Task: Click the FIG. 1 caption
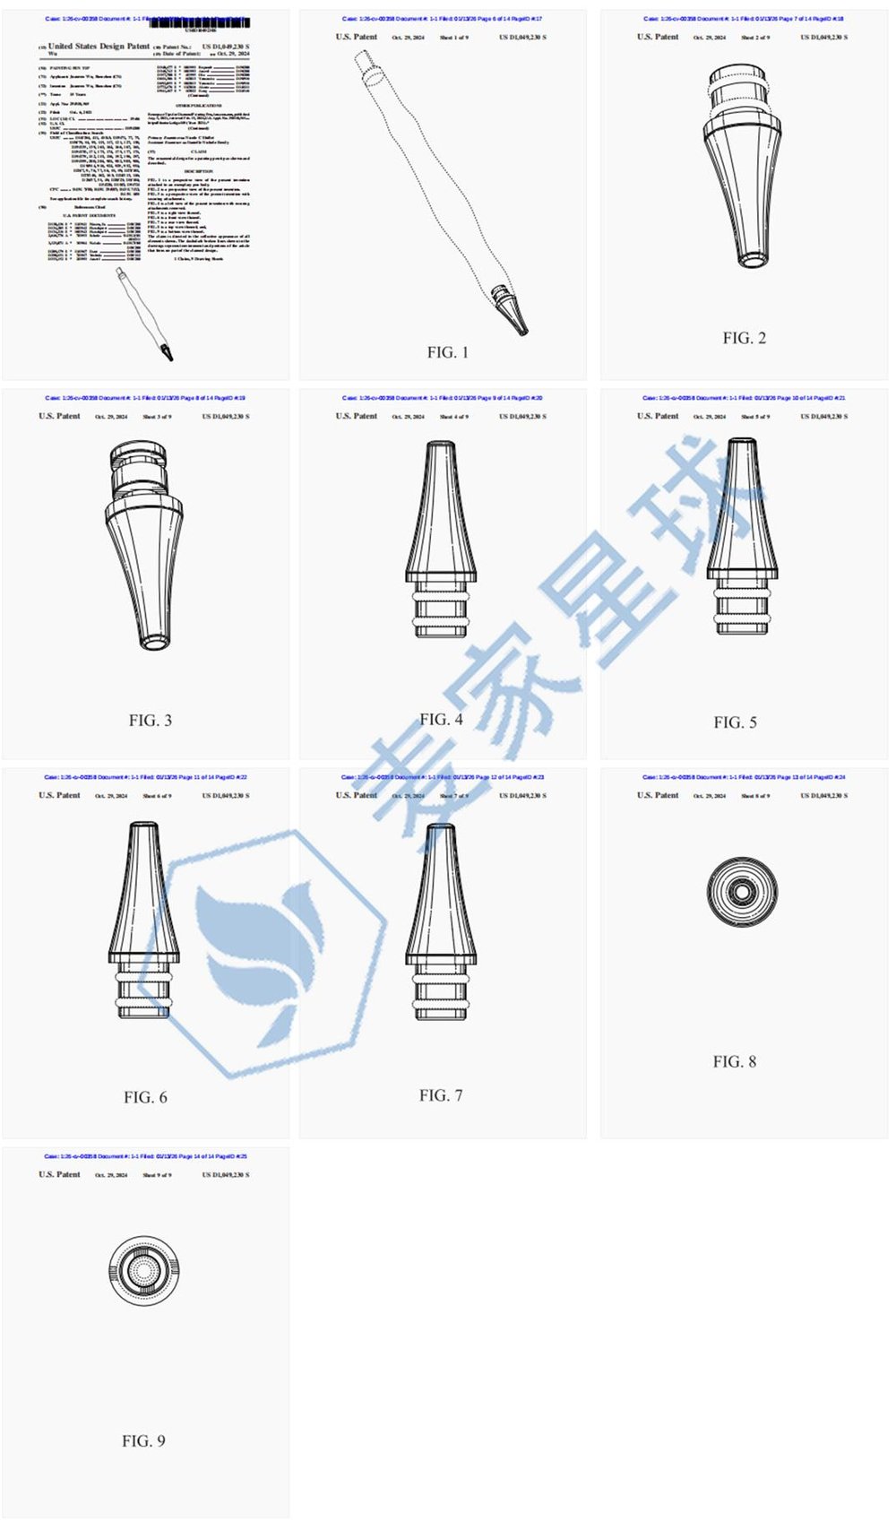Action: (x=447, y=352)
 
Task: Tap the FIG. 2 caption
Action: (x=744, y=338)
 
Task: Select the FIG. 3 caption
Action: (x=150, y=720)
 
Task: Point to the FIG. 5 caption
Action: (x=735, y=722)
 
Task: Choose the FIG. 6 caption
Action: (x=145, y=1097)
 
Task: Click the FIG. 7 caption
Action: (x=441, y=1095)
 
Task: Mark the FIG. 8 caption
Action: (x=734, y=1061)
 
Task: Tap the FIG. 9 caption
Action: (x=143, y=1440)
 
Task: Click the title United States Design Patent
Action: (x=99, y=46)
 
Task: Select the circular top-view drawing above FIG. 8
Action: (x=741, y=892)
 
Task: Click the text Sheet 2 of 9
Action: (x=754, y=38)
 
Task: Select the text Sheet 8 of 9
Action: (x=754, y=796)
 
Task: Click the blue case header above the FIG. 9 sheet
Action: (x=145, y=1156)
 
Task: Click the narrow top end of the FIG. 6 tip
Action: (x=144, y=832)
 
